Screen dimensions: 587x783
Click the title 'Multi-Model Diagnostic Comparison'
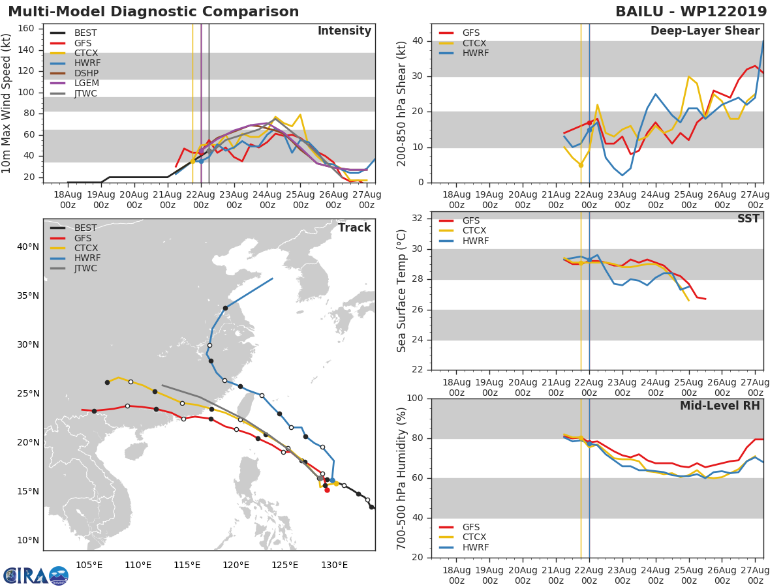pyautogui.click(x=153, y=12)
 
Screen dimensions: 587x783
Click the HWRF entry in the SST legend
pyautogui.click(x=475, y=241)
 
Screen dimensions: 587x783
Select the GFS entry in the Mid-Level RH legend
pyautogui.click(x=475, y=527)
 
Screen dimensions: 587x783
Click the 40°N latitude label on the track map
pyautogui.click(x=28, y=247)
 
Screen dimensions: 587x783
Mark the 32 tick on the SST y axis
pyautogui.click(x=418, y=218)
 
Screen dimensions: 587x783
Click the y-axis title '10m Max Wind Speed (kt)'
pyautogui.click(x=7, y=104)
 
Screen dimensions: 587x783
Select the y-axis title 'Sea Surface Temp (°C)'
pyautogui.click(x=402, y=290)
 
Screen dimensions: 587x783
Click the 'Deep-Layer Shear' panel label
pyautogui.click(x=705, y=31)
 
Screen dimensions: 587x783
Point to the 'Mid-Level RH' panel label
pyautogui.click(x=720, y=406)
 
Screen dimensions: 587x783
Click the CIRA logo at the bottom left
pyautogui.click(x=35, y=575)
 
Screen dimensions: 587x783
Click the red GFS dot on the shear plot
pyautogui.click(x=589, y=123)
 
